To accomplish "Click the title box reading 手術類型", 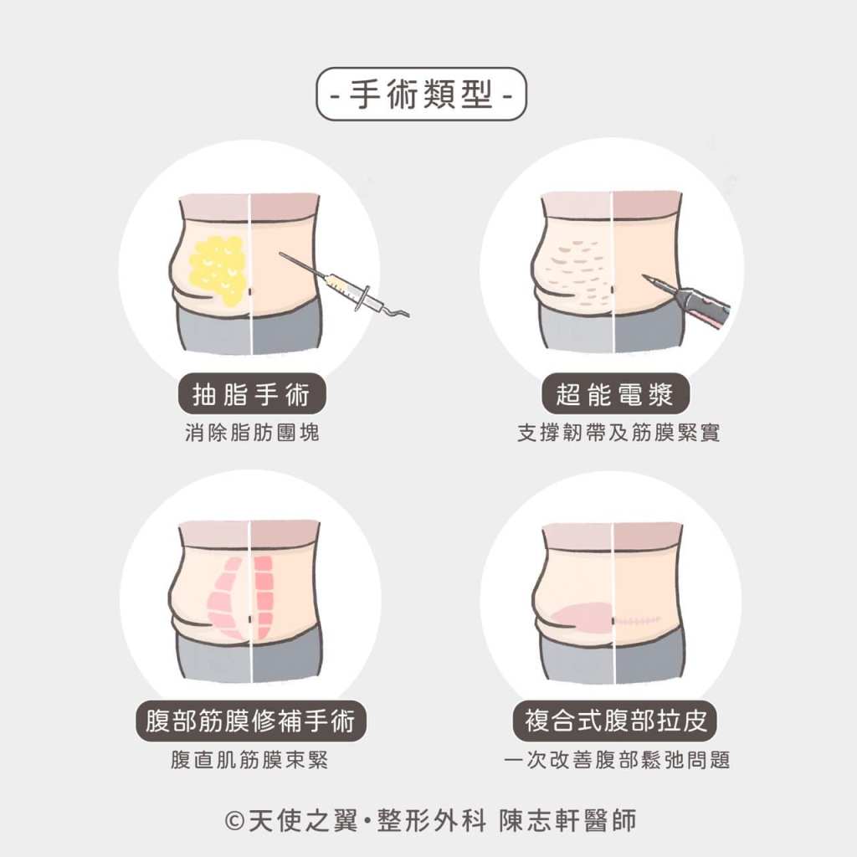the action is click(422, 94).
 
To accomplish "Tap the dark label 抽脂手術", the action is click(251, 393).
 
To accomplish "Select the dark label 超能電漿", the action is click(615, 393).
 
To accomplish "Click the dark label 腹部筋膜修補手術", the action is click(251, 721).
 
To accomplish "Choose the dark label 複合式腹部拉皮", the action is click(615, 721).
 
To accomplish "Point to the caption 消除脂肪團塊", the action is click(252, 433).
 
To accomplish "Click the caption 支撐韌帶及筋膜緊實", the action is click(618, 433).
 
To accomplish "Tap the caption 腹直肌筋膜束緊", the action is click(249, 760).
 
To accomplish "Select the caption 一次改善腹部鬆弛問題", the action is click(617, 760).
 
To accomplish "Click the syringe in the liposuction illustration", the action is click(344, 286).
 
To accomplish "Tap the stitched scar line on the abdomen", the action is click(638, 621).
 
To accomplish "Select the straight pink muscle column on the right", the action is click(264, 597).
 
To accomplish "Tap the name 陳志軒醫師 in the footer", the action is click(568, 820).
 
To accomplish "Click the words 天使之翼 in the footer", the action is click(303, 820).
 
